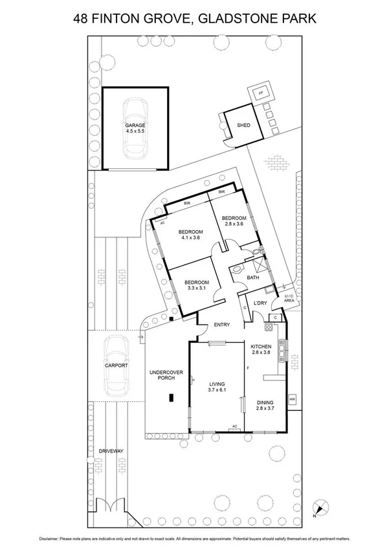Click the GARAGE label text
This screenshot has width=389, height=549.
135,128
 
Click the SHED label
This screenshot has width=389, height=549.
243,125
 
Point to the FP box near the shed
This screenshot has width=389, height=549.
261,93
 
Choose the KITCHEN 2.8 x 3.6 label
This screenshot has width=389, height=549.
263,350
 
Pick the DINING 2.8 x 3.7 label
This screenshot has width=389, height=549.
265,405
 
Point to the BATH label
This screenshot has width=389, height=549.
253,277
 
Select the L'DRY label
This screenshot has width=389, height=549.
261,303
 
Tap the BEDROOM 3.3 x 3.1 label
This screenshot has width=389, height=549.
197,286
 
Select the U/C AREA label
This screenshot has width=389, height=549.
289,299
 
